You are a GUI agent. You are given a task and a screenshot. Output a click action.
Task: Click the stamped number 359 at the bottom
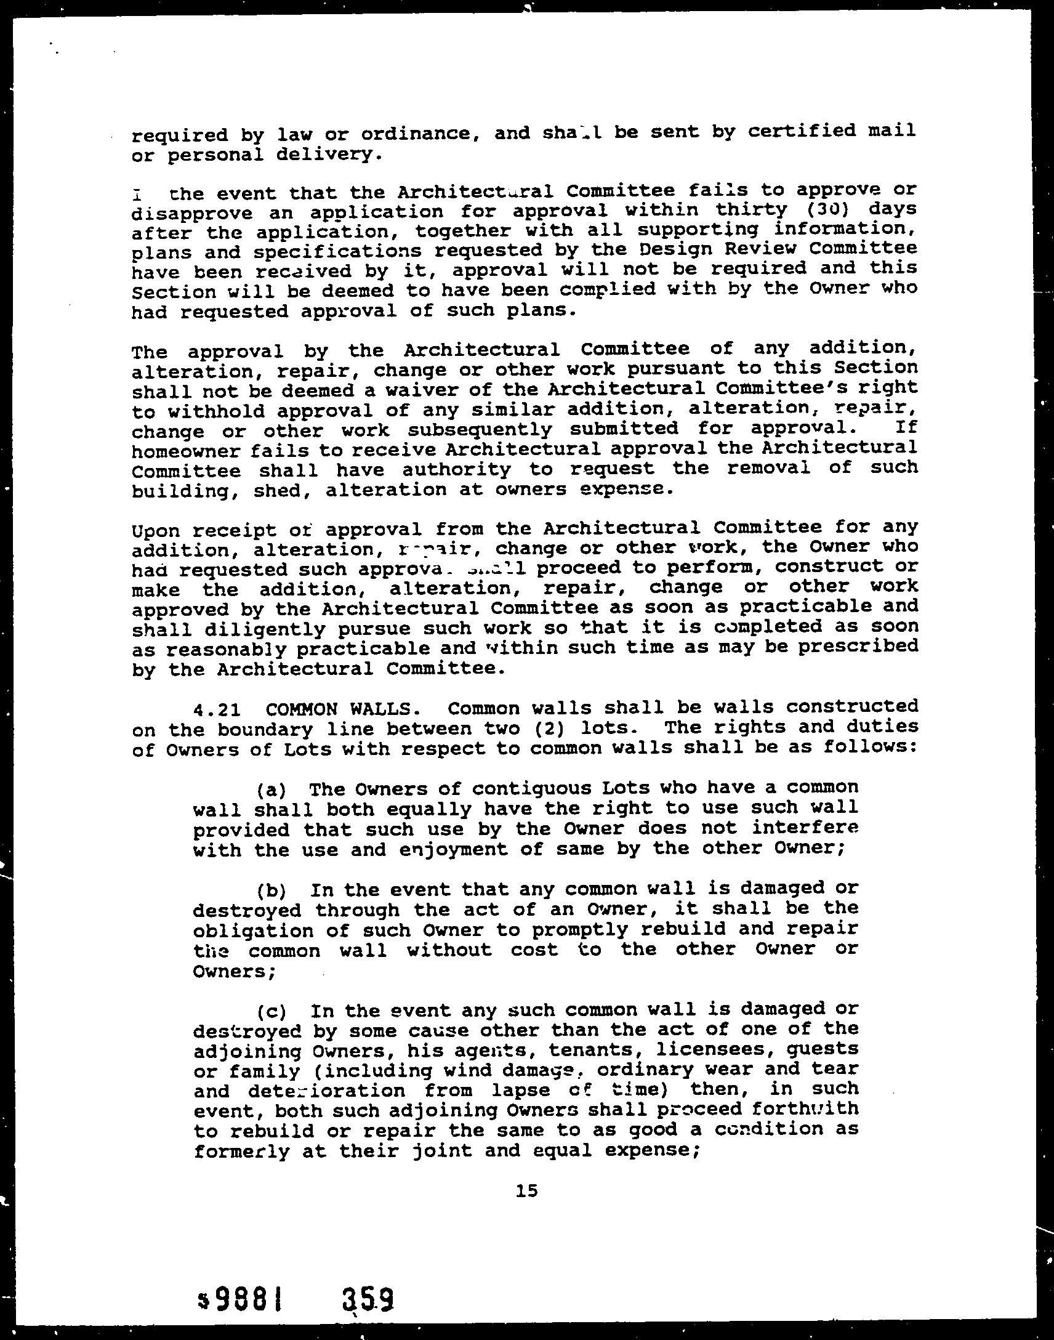click(x=368, y=1284)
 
